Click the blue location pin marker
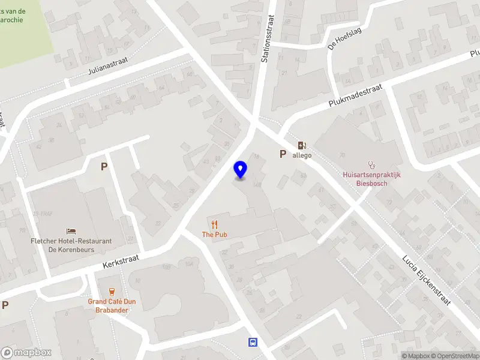(241, 170)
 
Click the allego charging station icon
(302, 145)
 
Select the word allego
(302, 155)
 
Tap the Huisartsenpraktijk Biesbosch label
(371, 179)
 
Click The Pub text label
(214, 235)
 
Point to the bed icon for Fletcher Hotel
(71, 231)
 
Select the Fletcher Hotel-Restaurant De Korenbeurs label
(71, 245)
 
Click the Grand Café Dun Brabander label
(112, 305)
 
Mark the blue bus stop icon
(253, 342)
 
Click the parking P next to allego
(283, 154)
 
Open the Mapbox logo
(26, 353)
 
